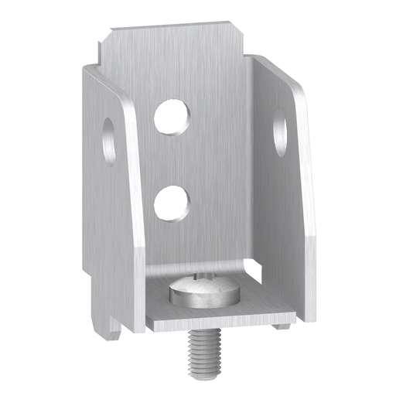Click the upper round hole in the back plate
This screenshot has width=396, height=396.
pyautogui.click(x=172, y=116)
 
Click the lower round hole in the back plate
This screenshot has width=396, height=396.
pyautogui.click(x=172, y=203)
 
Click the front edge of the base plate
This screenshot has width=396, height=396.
pyautogui.click(x=220, y=324)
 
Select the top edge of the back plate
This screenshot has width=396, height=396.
pyautogui.click(x=178, y=29)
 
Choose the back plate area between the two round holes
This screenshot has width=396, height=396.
pyautogui.click(x=172, y=159)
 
